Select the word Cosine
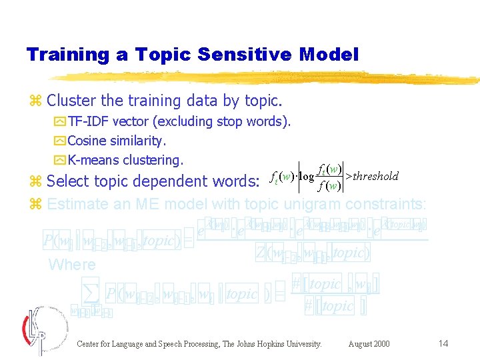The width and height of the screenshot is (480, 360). [86, 141]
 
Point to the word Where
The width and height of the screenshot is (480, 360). [72, 265]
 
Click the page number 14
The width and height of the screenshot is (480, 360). [443, 343]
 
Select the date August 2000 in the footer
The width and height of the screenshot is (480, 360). [369, 344]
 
